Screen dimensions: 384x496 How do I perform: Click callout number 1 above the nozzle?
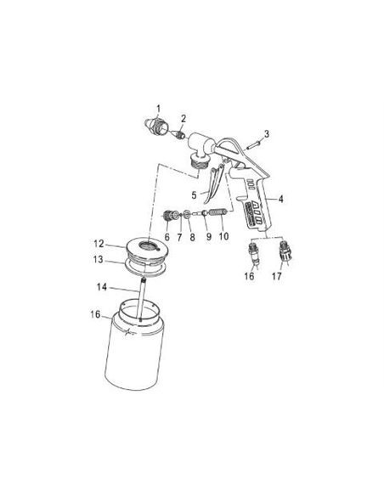click(x=158, y=109)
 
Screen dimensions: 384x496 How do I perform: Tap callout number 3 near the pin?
click(x=266, y=134)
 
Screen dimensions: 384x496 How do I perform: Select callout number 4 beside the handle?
click(x=280, y=200)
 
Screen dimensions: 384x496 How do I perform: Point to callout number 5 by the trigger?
click(x=194, y=195)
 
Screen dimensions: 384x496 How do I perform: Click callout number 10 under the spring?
click(x=223, y=236)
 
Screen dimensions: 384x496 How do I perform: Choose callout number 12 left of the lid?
click(x=99, y=244)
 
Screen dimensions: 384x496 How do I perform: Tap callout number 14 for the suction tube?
click(x=102, y=287)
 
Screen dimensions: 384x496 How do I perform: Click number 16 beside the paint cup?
click(x=95, y=314)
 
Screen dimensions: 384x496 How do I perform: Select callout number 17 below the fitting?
click(x=276, y=276)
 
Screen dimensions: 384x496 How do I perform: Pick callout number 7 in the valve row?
click(x=179, y=237)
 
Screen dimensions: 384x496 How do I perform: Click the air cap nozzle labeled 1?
click(x=156, y=126)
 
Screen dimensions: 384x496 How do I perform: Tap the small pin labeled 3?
click(x=252, y=146)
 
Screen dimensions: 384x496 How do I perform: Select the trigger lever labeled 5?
click(x=212, y=185)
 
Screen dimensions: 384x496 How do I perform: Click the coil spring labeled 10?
click(x=218, y=211)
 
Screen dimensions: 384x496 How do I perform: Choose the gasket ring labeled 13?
click(x=145, y=268)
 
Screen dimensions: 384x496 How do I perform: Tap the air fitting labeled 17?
click(x=285, y=251)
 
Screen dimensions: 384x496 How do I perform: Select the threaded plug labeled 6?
click(x=171, y=216)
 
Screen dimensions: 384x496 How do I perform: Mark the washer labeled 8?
click(x=187, y=214)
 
